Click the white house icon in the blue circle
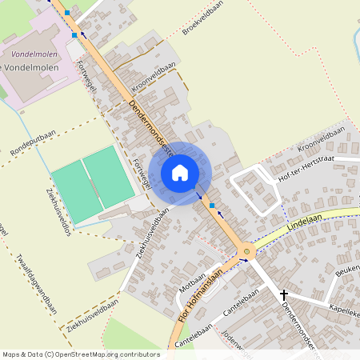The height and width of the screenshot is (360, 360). click(x=180, y=172)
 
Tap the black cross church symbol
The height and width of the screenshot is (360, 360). click(x=284, y=294)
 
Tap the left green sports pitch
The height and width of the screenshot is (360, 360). click(x=77, y=191)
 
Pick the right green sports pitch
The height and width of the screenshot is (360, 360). click(x=109, y=177)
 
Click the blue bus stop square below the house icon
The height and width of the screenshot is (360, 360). click(x=211, y=206)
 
